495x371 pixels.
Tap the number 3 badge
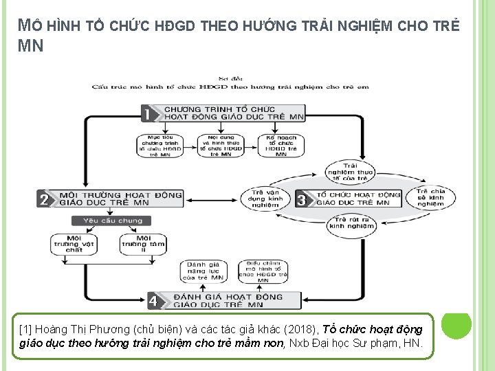(x=302, y=199)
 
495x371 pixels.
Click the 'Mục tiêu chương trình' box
(x=159, y=146)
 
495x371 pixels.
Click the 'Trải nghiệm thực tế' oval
(x=351, y=172)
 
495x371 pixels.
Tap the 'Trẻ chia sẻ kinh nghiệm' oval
(x=430, y=197)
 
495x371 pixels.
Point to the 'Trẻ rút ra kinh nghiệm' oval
(x=347, y=222)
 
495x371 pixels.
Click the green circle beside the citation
(x=456, y=326)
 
